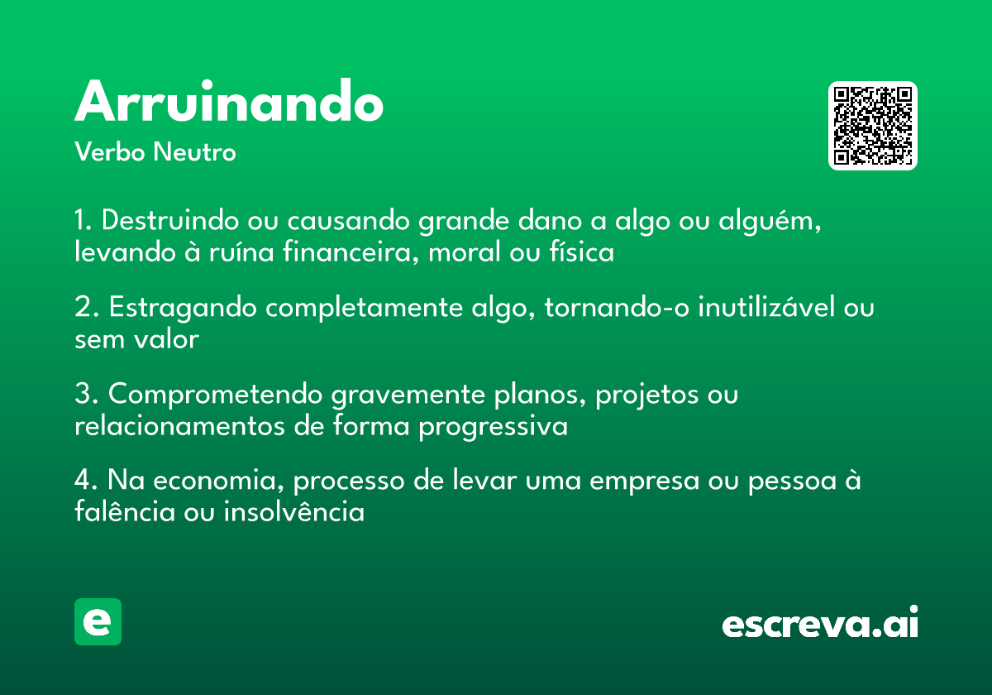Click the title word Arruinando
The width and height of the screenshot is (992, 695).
pyautogui.click(x=229, y=103)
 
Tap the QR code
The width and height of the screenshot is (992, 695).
pyautogui.click(x=873, y=126)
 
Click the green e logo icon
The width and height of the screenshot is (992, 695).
pyautogui.click(x=98, y=621)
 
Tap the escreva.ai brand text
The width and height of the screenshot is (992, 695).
pyautogui.click(x=820, y=624)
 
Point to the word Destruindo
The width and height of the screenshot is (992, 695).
pyautogui.click(x=169, y=222)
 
